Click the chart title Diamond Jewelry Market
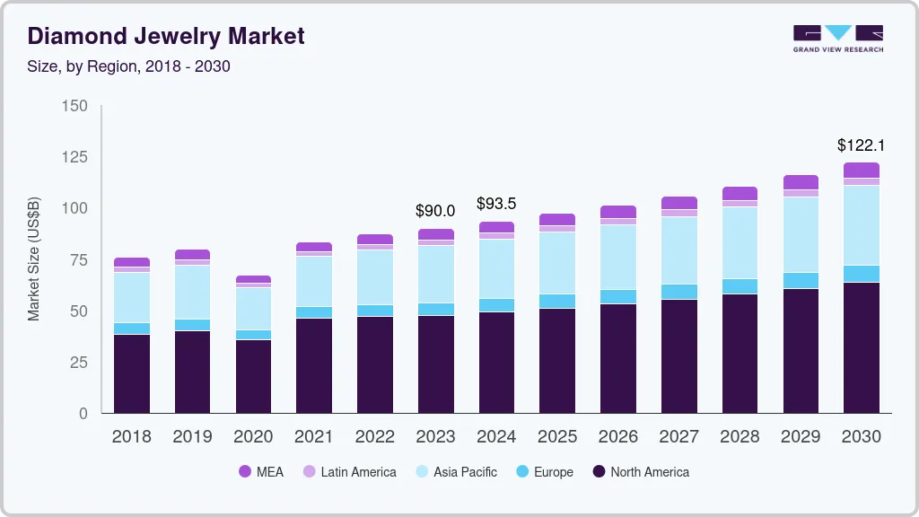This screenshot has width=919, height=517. coord(166,36)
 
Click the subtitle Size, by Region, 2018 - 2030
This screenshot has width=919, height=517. coord(129,66)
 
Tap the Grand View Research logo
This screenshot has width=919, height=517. coord(837,39)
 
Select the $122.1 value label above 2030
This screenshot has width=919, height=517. coord(862,145)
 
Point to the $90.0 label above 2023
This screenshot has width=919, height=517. coord(435,211)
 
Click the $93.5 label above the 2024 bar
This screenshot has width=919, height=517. coord(496,204)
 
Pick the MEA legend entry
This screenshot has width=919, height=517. coord(261,471)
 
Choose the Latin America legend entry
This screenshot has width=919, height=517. coord(349,471)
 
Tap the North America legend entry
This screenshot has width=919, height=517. coord(640,471)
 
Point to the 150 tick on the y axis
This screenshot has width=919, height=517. coord(75,106)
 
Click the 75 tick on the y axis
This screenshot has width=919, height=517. coord(79,260)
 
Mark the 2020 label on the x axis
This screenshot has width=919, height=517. coord(253,437)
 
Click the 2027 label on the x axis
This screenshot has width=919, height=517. coord(678,437)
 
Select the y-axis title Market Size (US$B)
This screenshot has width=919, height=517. coord(34,259)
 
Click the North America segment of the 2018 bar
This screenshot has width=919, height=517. coord(132,373)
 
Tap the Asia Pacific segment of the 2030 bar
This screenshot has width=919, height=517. coord(862,225)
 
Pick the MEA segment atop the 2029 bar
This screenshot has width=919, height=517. coord(801,182)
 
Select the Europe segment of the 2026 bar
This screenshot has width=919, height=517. coord(618,296)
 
